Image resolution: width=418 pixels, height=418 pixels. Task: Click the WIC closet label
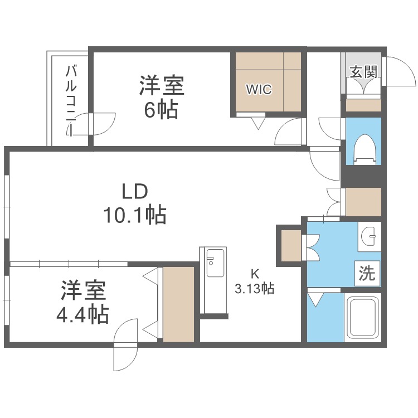pyautogui.click(x=259, y=89)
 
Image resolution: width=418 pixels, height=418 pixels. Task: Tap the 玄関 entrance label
pyautogui.click(x=363, y=71)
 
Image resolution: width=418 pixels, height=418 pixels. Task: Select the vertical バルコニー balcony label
pyautogui.click(x=71, y=101)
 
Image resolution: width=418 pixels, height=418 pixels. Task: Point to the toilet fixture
pyautogui.click(x=364, y=150)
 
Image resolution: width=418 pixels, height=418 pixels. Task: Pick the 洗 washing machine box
pyautogui.click(x=367, y=273)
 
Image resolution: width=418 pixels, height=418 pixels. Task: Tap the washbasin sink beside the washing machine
pyautogui.click(x=369, y=236)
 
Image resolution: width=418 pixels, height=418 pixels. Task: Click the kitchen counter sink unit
pyautogui.click(x=213, y=280)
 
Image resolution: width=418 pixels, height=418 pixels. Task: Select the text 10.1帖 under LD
pyautogui.click(x=135, y=214)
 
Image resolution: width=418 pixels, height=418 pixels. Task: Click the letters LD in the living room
pyautogui.click(x=135, y=192)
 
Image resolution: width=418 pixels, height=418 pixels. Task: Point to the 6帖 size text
pyautogui.click(x=161, y=109)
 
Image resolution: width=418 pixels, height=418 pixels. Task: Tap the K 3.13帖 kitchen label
pyautogui.click(x=255, y=281)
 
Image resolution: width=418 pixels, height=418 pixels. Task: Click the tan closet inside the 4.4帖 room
pyautogui.click(x=178, y=304)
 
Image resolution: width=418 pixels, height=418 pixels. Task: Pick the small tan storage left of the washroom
pyautogui.click(x=291, y=245)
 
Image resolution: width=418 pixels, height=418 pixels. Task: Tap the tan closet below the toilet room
pyautogui.click(x=363, y=202)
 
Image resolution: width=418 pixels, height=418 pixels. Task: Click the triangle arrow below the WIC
pyautogui.click(x=258, y=124)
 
